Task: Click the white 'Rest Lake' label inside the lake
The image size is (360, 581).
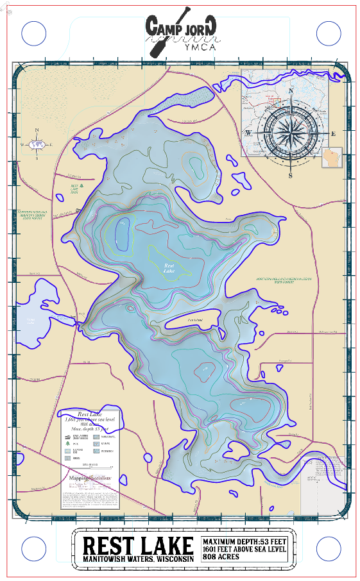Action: coord(169,268)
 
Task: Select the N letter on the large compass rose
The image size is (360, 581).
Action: coord(291,91)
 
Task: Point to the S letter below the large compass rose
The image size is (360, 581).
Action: coord(291,175)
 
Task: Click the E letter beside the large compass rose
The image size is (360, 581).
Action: coord(334,133)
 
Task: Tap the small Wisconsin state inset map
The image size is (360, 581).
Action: coord(333,157)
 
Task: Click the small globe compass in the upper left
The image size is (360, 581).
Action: coord(37,144)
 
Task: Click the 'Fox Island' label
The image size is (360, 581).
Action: coord(196,319)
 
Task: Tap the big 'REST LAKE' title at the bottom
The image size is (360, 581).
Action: coord(138,545)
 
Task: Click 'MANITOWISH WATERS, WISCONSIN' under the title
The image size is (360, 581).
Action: coord(138,560)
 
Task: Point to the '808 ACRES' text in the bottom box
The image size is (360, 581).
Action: coord(221,557)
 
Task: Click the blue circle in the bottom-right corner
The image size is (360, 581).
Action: coord(328,548)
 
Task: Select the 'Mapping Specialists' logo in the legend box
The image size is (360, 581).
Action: coord(89,478)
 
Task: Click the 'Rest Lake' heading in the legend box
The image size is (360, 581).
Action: coord(90,414)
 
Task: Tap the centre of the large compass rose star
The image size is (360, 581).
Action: coord(291,133)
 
